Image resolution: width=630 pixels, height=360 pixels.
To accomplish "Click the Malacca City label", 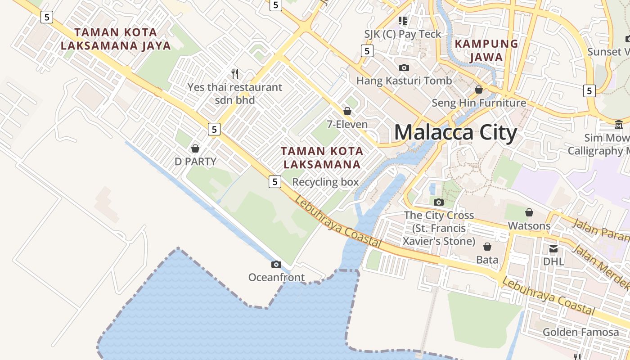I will pos(455,133).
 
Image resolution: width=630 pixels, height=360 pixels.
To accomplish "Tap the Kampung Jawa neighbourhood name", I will pos(486,50).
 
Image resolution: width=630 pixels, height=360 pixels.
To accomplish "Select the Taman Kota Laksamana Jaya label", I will pos(116,39).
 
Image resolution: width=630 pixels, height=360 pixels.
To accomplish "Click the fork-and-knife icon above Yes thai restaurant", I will pos(234,73).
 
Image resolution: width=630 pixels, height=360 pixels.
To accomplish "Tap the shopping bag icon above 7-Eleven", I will pos(347,111).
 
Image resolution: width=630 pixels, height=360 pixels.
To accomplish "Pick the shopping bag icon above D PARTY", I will pos(195,148).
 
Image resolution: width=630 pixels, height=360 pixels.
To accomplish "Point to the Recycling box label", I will pos(325,182).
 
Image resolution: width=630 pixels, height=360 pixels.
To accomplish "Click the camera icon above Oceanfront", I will pos(276,264).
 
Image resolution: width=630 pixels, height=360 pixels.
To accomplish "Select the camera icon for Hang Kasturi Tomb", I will pos(404,67).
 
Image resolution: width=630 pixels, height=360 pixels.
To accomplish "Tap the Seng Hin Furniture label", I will pos(479,103).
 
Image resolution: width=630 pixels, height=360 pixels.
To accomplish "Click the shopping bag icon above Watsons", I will pos(529,212).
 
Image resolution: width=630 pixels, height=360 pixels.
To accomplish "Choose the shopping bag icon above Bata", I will pos(487,247).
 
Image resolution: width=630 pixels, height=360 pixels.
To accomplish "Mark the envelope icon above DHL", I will pos(553,249).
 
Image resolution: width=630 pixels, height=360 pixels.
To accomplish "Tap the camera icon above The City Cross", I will pos(439,202).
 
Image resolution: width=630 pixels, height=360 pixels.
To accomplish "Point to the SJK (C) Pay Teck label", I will pos(403,34).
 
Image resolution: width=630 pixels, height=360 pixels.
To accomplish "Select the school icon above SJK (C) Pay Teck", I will pos(403,20).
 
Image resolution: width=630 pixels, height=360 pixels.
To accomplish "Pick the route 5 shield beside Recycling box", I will pos(274,182).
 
